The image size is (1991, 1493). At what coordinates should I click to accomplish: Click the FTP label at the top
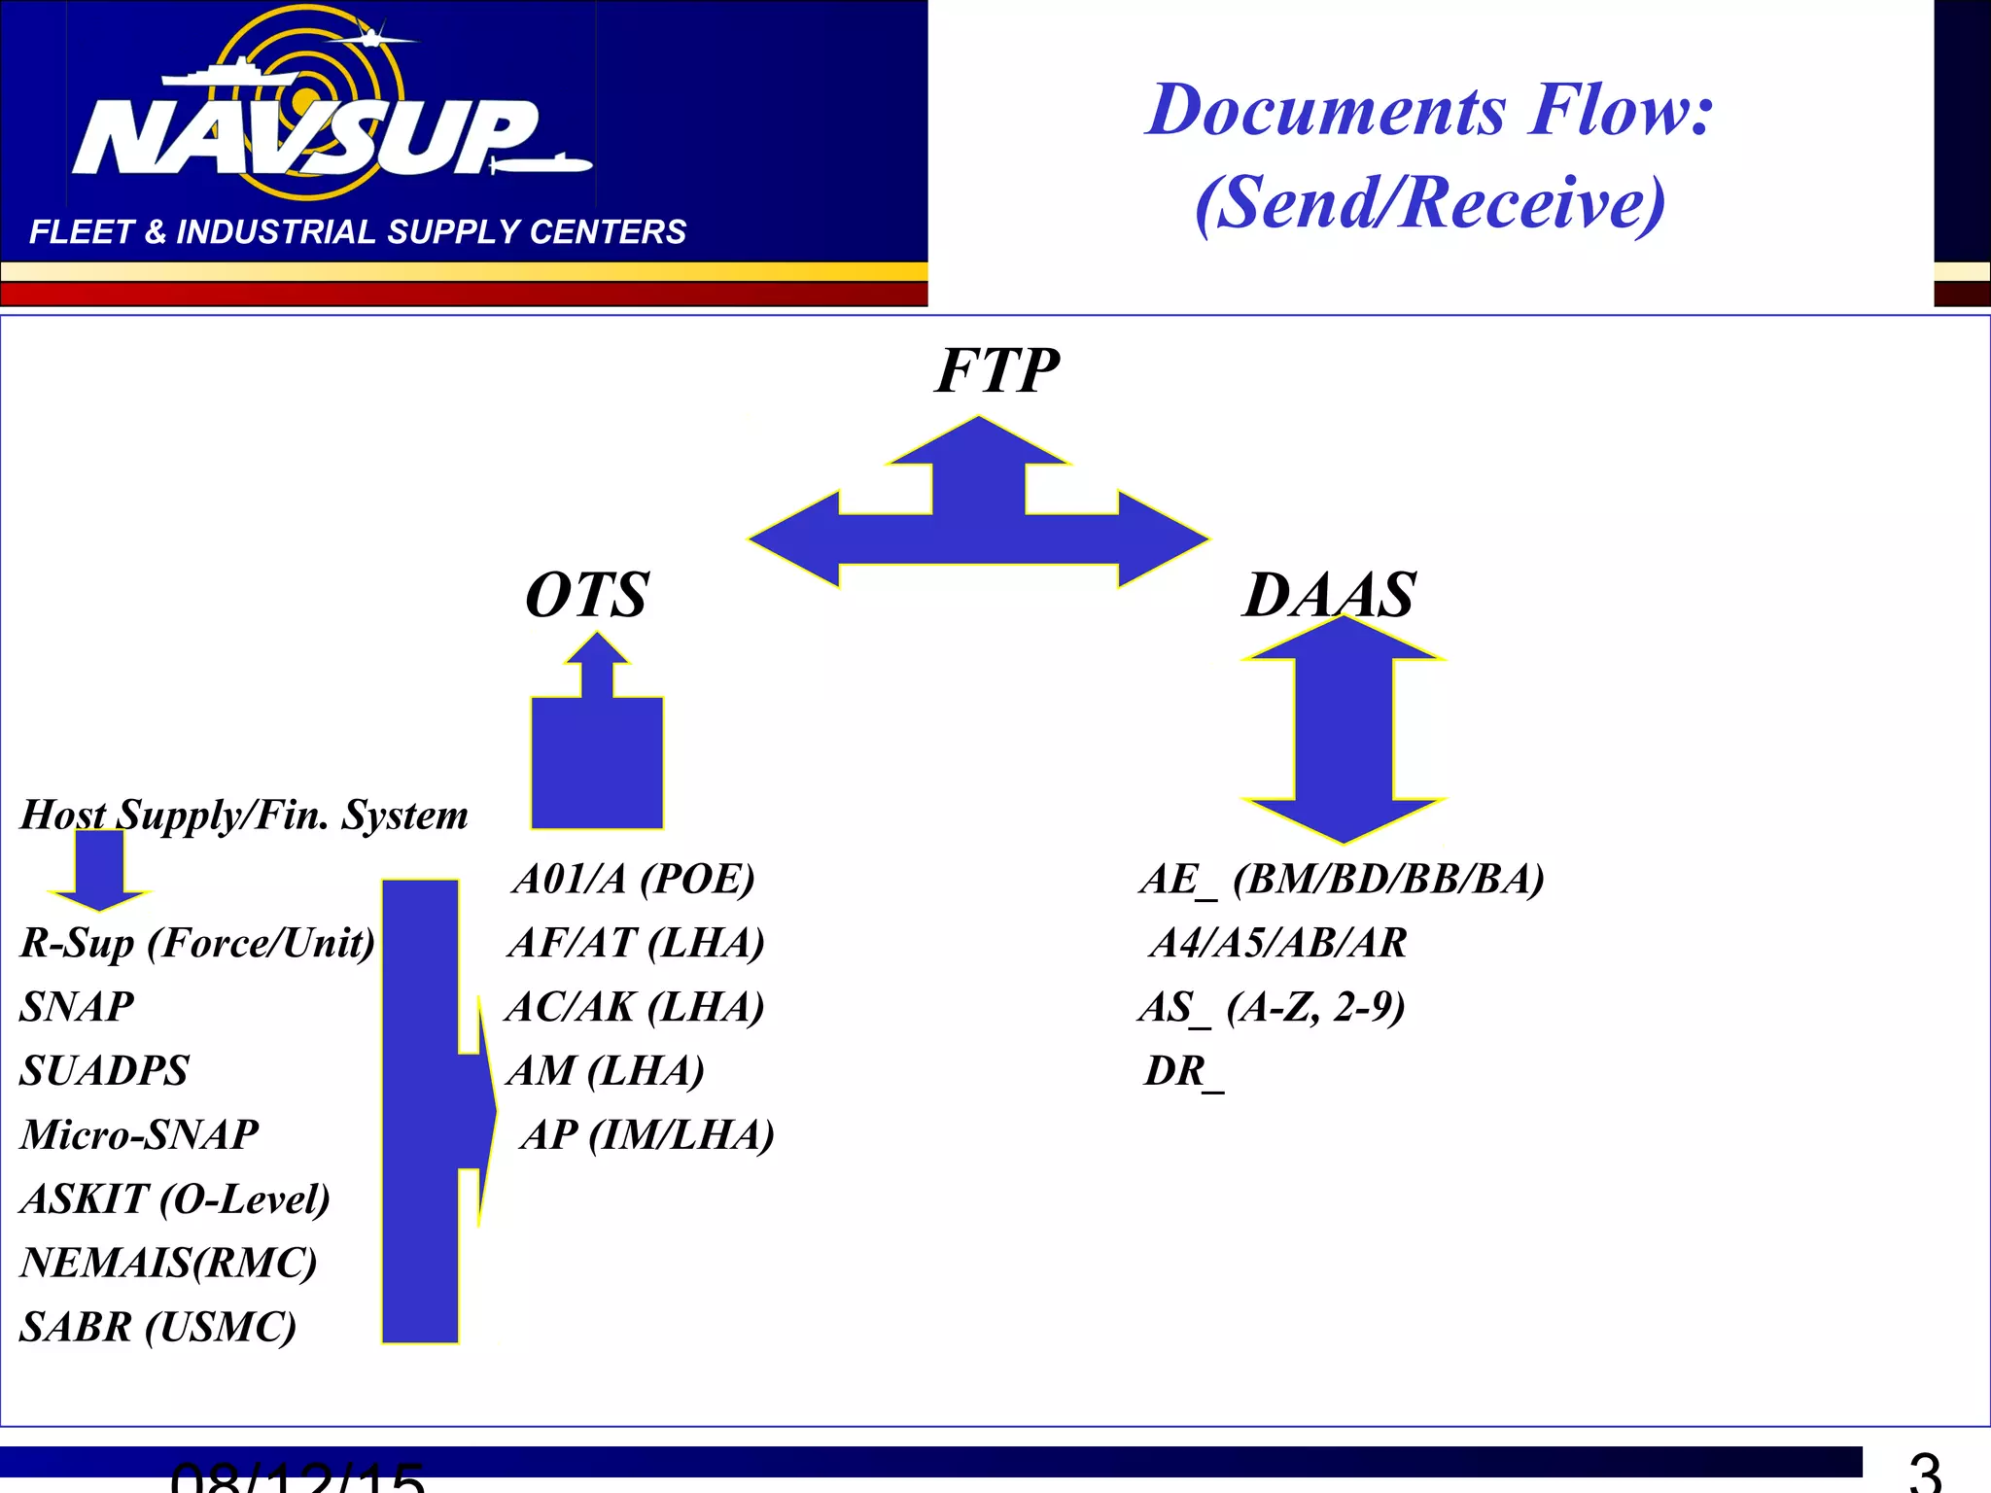996,371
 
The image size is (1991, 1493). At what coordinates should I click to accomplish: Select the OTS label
586,595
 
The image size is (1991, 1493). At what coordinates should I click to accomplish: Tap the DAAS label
1329,595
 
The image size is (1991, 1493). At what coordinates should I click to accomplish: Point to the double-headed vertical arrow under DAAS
1344,729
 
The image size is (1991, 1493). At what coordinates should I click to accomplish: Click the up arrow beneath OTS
597,748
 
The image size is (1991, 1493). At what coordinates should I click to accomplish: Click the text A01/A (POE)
633,879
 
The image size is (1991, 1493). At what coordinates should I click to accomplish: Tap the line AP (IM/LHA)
646,1135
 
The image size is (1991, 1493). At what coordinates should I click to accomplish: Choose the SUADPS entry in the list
104,1071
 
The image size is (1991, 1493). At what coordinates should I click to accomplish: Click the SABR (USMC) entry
157,1328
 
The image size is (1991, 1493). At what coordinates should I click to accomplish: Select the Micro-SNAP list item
139,1135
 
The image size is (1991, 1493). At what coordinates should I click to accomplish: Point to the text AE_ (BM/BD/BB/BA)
1342,879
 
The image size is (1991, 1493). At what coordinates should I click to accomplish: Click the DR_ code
1183,1071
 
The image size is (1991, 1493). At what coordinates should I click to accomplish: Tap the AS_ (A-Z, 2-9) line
1272,1007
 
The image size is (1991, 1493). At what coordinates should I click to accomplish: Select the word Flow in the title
1620,109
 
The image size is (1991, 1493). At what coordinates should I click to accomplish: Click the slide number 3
1924,1473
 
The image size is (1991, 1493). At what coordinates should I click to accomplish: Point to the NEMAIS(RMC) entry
168,1264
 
